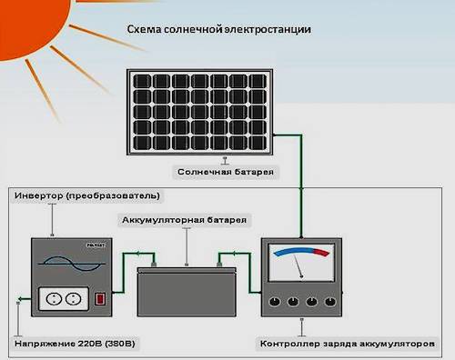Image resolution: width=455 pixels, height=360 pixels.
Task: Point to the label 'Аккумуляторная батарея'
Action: tap(185, 220)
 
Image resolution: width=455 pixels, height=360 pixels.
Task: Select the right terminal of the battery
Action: tap(219, 265)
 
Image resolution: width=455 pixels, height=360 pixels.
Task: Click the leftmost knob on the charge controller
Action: tap(271, 302)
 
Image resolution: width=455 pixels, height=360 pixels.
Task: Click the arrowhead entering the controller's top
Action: tap(300, 235)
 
